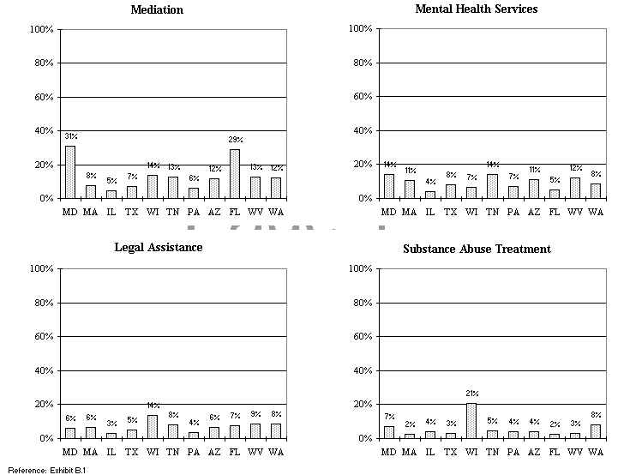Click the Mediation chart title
tap(156, 10)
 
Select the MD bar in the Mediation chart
tap(69, 172)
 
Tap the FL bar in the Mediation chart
tap(235, 174)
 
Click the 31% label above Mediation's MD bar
tap(70, 135)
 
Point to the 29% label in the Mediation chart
tap(235, 139)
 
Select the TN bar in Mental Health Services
tap(491, 186)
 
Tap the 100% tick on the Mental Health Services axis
tap(360, 29)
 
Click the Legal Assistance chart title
tap(159, 248)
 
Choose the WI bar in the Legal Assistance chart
tap(152, 426)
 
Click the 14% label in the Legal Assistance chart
tap(153, 405)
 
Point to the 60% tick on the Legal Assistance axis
tap(43, 337)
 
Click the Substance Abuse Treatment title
tap(477, 250)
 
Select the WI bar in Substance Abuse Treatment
tap(471, 420)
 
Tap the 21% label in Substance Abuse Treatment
tap(471, 394)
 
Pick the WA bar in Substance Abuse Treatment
tap(595, 431)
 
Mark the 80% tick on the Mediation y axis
tap(43, 63)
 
